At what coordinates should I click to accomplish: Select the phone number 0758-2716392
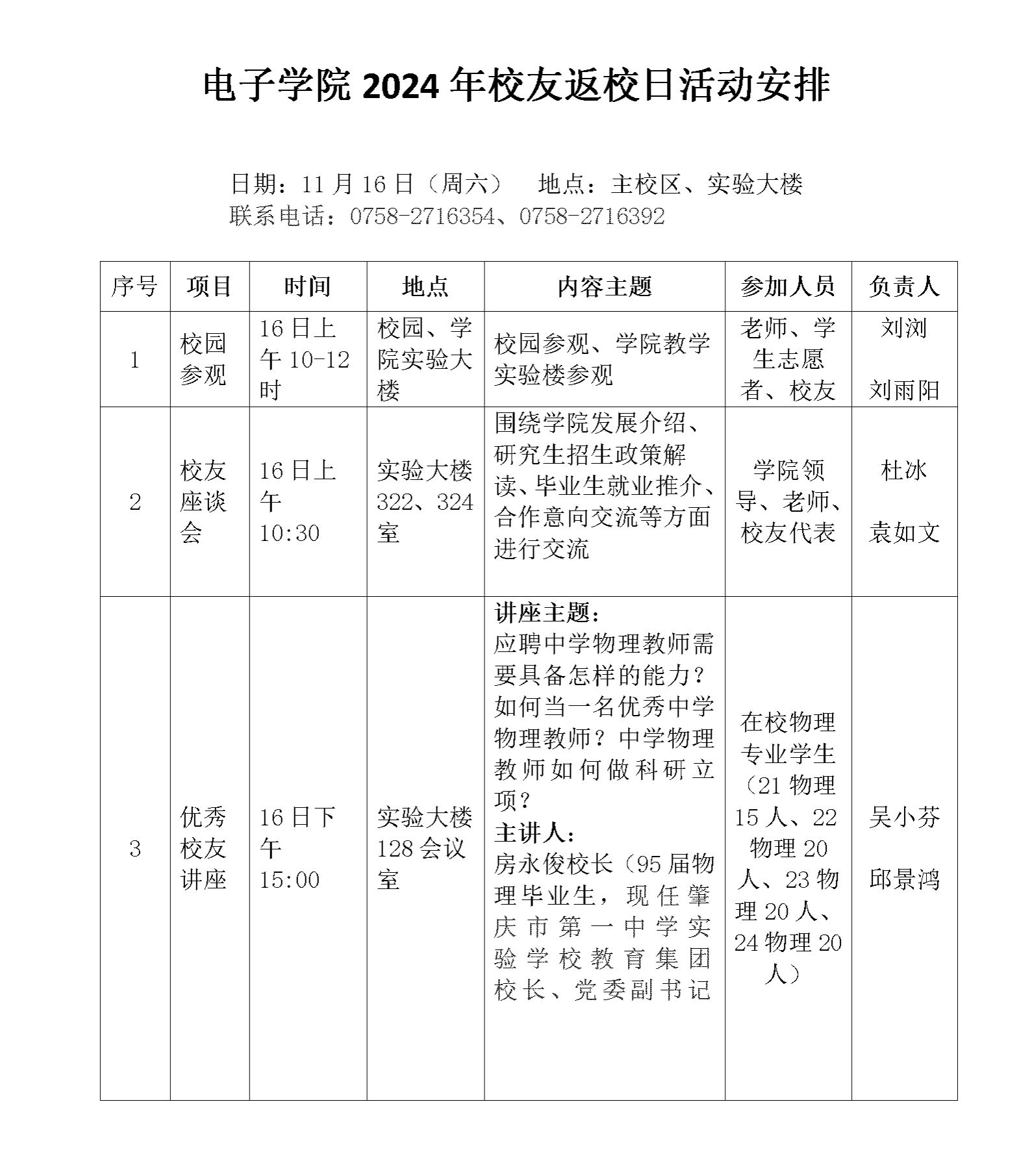592,216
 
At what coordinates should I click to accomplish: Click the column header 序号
135,286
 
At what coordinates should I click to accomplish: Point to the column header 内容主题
604,286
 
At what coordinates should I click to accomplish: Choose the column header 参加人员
788,286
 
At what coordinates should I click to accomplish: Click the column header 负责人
904,286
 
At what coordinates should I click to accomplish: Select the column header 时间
308,286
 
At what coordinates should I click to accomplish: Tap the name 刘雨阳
904,390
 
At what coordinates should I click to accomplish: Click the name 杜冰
904,470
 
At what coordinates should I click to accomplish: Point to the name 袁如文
904,533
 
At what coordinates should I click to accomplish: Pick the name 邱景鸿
904,880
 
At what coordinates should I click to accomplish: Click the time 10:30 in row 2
290,533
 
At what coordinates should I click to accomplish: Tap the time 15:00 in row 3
290,880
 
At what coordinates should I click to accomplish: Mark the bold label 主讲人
534,833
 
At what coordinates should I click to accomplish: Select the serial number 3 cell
135,849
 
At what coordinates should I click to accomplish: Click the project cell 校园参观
203,359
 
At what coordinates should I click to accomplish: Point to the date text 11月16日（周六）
402,184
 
